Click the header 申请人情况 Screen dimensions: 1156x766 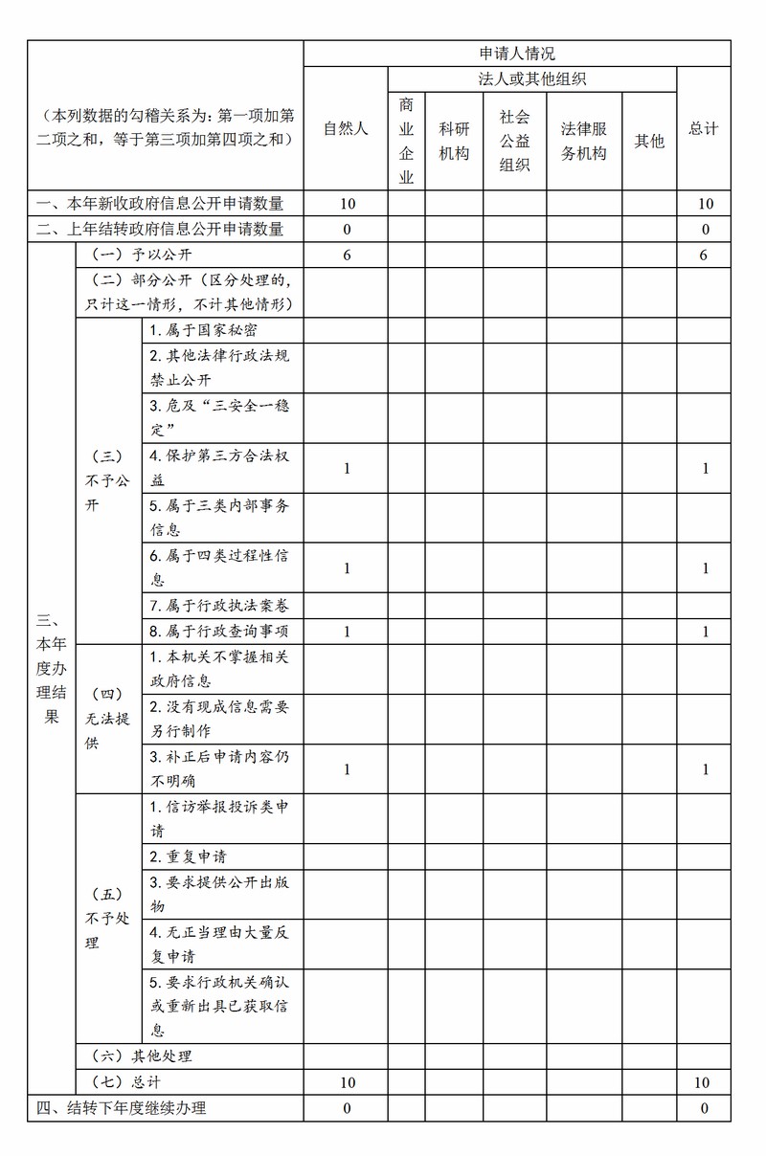[x=517, y=54]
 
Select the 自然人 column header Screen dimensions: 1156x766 [x=346, y=128]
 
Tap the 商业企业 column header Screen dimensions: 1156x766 [x=406, y=140]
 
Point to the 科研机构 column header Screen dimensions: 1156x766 [x=454, y=140]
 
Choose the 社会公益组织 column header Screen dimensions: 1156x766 [x=514, y=140]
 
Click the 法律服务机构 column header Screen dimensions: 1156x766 [x=584, y=140]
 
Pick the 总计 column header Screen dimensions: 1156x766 [x=704, y=128]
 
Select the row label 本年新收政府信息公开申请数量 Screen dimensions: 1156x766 [x=160, y=203]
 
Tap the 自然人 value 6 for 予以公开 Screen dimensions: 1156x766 [x=346, y=256]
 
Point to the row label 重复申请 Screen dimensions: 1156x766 [x=188, y=856]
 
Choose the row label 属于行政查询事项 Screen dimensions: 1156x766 [x=218, y=631]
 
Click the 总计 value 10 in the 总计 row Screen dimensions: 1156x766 [x=703, y=1082]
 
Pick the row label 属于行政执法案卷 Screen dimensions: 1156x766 [x=218, y=605]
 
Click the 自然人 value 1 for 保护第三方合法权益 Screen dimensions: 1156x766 [x=346, y=468]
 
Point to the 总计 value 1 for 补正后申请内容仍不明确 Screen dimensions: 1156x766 [x=704, y=768]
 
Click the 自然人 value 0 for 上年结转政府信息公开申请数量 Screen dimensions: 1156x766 [x=346, y=229]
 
